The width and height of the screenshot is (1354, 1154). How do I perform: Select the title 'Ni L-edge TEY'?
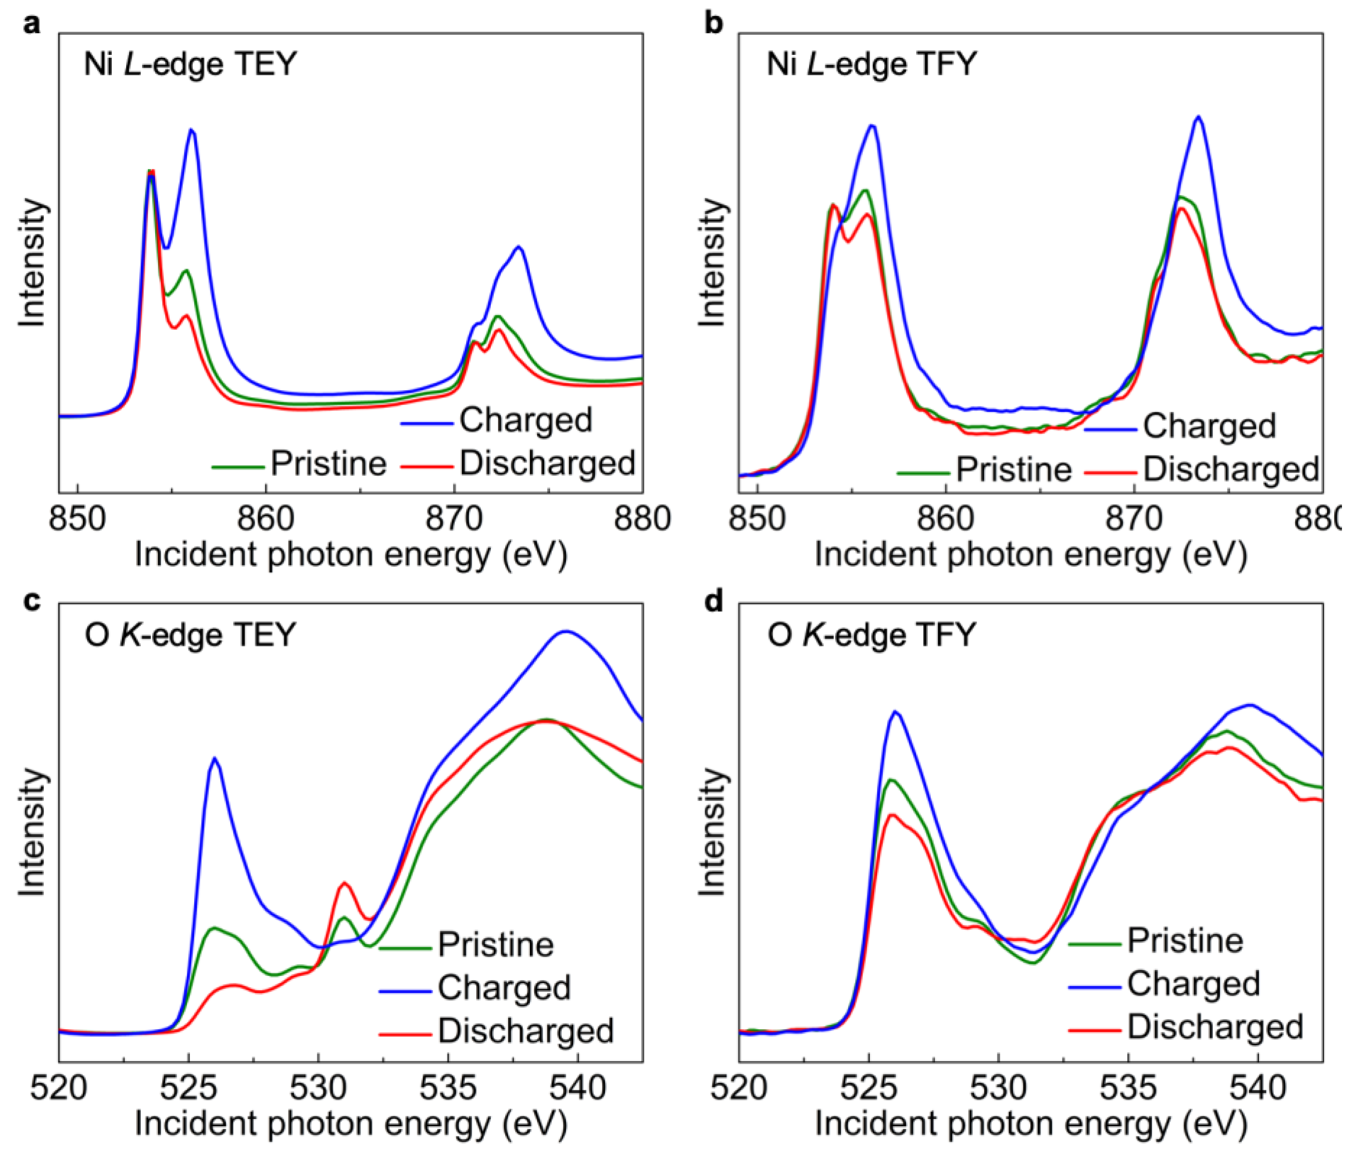tap(190, 65)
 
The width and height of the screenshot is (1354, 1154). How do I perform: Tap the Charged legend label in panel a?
tap(526, 420)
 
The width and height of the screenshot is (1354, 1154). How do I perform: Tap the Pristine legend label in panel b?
tap(1013, 470)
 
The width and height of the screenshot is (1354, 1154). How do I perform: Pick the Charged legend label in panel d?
tap(1193, 984)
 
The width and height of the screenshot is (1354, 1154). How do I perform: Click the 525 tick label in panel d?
tap(869, 1088)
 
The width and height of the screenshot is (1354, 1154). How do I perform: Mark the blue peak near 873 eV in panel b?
tap(1198, 117)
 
